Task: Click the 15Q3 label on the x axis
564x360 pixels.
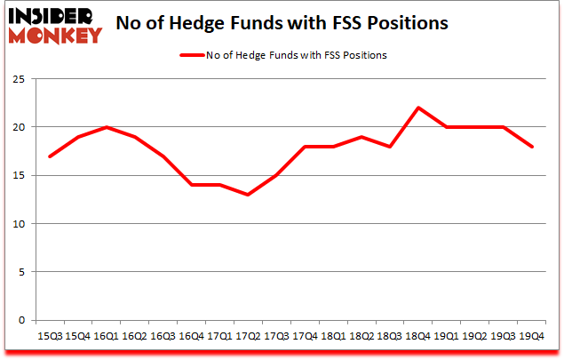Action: pyautogui.click(x=50, y=337)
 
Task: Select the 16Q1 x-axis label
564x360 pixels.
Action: pyautogui.click(x=107, y=337)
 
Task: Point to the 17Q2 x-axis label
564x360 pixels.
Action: pyautogui.click(x=249, y=337)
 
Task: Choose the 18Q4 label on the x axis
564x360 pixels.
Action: pyautogui.click(x=418, y=337)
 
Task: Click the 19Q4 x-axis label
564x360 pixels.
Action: pyautogui.click(x=531, y=337)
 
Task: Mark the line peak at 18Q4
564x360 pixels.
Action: pyautogui.click(x=418, y=108)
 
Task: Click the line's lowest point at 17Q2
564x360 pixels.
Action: pyautogui.click(x=249, y=195)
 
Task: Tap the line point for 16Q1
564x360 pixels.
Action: pyautogui.click(x=107, y=127)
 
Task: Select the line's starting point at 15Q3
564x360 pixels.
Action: pyautogui.click(x=50, y=156)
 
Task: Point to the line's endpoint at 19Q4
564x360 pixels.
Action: pyautogui.click(x=531, y=147)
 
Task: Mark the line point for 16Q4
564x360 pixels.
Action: pyautogui.click(x=192, y=185)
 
